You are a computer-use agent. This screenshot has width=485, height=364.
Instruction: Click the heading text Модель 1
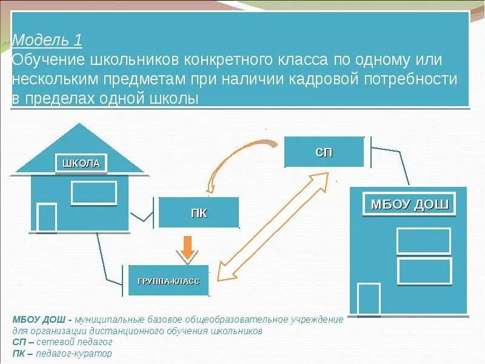pyautogui.click(x=47, y=41)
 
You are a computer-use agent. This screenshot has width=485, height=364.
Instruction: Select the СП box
pyautogui.click(x=324, y=152)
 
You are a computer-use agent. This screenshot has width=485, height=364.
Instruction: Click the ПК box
pyautogui.click(x=198, y=213)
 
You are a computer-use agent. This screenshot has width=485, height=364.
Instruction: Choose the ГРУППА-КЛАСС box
pyautogui.click(x=168, y=281)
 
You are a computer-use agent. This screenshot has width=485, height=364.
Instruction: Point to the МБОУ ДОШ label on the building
pyautogui.click(x=409, y=204)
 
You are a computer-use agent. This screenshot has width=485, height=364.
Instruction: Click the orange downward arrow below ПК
pyautogui.click(x=188, y=246)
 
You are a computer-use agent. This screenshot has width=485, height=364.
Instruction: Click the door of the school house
pyautogui.click(x=47, y=217)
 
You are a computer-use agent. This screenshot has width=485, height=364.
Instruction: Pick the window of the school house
pyautogui.click(x=93, y=192)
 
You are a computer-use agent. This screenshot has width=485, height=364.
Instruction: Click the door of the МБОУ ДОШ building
pyautogui.click(x=369, y=298)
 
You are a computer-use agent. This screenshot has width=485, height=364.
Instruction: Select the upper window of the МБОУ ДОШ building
pyautogui.click(x=424, y=241)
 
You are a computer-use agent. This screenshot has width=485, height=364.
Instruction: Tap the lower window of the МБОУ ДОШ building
pyautogui.click(x=424, y=271)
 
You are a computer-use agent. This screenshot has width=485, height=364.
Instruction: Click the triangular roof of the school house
pyautogui.click(x=79, y=146)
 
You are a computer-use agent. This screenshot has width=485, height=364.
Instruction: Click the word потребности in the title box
pyautogui.click(x=406, y=79)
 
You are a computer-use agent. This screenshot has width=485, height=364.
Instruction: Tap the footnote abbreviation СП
pyautogui.click(x=18, y=342)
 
